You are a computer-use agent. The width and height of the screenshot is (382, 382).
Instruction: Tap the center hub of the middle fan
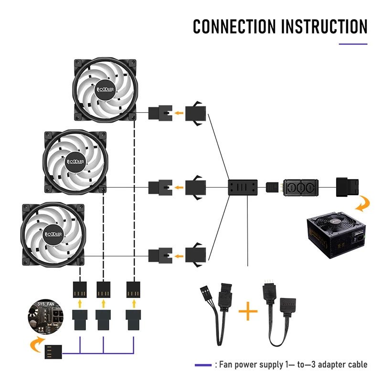point(74,161)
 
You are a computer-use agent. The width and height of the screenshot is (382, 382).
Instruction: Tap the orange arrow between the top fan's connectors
point(179,114)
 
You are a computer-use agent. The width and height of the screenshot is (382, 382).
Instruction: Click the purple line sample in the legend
point(202,365)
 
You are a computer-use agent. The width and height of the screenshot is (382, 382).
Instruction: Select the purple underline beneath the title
point(353,44)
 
